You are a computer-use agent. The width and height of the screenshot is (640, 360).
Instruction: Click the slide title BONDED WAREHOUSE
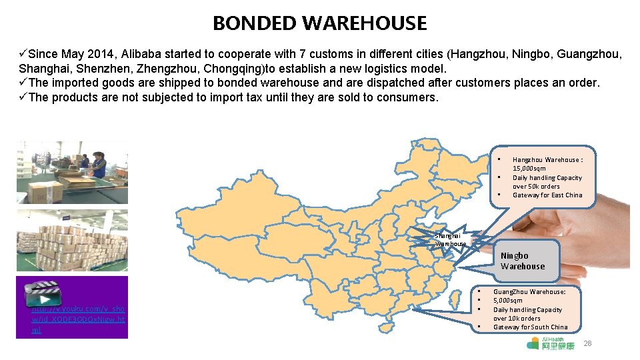click(x=319, y=23)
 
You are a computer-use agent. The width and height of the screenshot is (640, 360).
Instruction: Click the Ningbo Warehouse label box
click(x=523, y=261)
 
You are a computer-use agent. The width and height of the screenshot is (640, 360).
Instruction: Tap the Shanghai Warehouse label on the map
click(x=451, y=239)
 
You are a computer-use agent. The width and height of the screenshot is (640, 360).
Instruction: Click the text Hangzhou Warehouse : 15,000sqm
click(x=547, y=164)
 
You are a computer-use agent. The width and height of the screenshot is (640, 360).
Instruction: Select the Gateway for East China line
click(x=547, y=195)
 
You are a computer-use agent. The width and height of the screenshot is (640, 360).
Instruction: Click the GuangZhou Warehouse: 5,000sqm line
click(x=529, y=296)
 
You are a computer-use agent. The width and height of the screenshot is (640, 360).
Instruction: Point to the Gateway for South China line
click(x=530, y=327)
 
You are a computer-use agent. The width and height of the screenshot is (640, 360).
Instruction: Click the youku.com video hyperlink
click(x=78, y=319)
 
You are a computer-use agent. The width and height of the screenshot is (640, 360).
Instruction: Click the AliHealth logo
click(x=550, y=343)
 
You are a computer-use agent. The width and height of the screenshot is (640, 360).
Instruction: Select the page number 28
click(x=587, y=343)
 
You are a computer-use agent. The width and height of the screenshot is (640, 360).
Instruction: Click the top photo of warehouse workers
click(x=72, y=172)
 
